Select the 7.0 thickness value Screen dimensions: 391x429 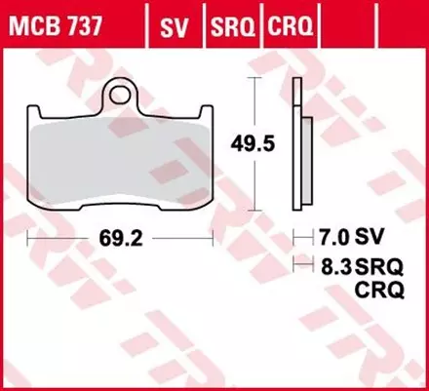coord(327,235)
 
